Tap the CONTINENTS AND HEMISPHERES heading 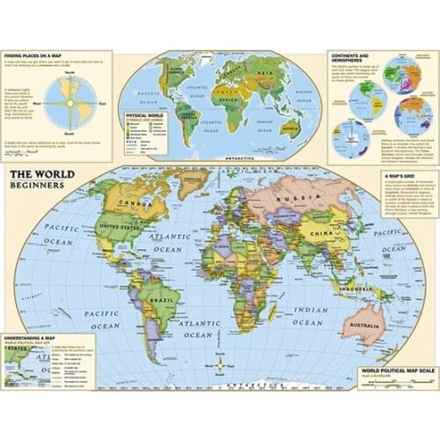(357, 56)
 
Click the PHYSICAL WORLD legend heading (145, 114)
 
